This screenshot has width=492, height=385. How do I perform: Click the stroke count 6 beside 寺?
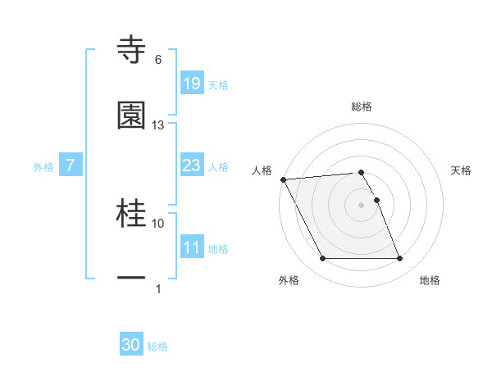click(158, 60)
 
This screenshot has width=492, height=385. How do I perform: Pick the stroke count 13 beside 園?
click(158, 125)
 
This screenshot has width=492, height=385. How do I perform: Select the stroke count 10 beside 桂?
click(158, 223)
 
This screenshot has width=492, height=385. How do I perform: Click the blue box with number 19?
click(191, 84)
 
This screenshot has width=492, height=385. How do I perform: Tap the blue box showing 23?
click(191, 166)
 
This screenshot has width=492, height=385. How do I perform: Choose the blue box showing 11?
click(191, 247)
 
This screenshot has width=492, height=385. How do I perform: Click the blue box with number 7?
click(71, 166)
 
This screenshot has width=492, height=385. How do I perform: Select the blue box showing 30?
click(131, 346)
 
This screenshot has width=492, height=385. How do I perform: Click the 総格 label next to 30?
click(157, 346)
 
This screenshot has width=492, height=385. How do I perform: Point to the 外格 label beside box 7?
click(43, 167)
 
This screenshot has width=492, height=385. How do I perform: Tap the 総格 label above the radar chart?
click(362, 106)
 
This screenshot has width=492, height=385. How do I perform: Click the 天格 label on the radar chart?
click(462, 170)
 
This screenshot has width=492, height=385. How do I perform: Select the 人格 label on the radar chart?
click(262, 170)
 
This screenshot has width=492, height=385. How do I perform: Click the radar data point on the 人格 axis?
click(284, 179)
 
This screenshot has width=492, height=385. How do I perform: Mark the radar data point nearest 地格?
click(400, 259)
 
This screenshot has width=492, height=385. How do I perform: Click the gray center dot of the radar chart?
click(362, 204)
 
